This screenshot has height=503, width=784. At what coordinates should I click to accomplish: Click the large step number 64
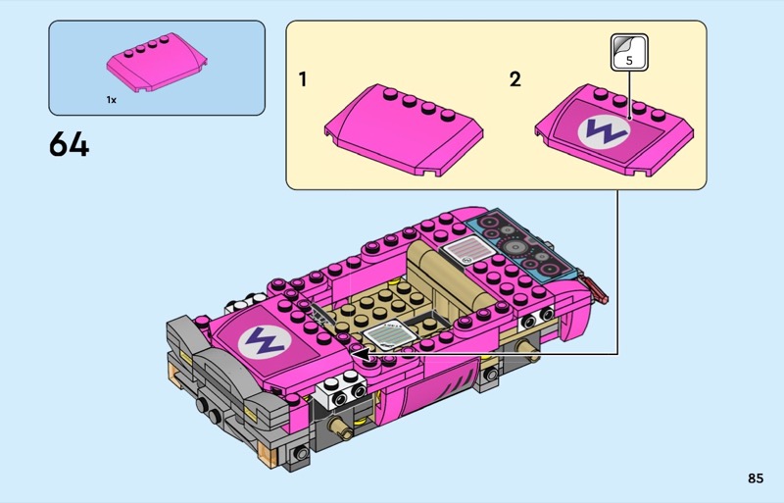(x=69, y=145)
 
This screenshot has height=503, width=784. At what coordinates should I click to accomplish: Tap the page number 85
(x=756, y=478)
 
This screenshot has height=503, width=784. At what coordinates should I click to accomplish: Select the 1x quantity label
(x=111, y=100)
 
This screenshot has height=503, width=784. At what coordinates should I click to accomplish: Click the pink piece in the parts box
(x=157, y=63)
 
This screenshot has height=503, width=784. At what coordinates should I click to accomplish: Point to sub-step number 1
(x=303, y=79)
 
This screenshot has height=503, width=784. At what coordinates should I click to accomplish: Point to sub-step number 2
(x=515, y=79)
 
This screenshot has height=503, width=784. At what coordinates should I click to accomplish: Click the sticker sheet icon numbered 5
(x=629, y=52)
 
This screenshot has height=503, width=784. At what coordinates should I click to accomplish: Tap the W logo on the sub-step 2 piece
(x=604, y=131)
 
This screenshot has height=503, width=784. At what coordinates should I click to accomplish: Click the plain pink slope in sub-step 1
(x=404, y=130)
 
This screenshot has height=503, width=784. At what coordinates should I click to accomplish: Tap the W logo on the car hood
(x=265, y=341)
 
